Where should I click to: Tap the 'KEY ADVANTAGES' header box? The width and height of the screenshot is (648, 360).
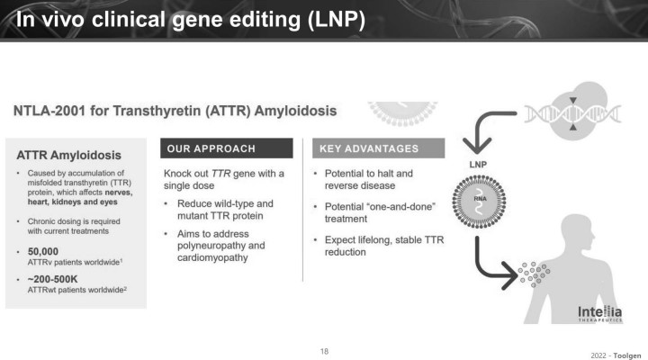click(378, 148)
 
